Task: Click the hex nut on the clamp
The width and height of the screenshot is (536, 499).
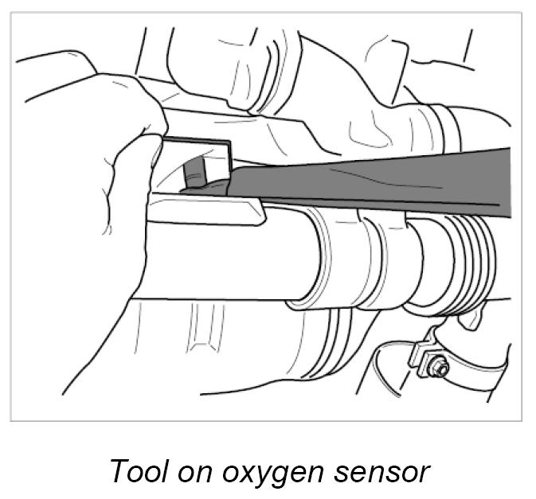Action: click(x=437, y=368)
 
